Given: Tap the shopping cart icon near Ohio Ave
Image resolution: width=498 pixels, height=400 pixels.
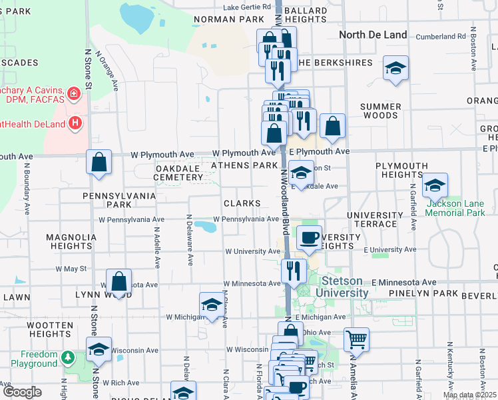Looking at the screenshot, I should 357,339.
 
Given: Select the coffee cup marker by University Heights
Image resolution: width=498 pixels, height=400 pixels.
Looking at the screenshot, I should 308,237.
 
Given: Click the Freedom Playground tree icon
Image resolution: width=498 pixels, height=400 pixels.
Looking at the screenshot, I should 67,359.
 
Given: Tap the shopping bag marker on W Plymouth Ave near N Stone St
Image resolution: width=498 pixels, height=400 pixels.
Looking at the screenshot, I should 99,162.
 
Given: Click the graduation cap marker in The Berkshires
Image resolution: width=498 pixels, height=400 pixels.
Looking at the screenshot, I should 395,68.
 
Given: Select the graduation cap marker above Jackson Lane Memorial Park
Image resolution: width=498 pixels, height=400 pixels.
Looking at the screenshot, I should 435,185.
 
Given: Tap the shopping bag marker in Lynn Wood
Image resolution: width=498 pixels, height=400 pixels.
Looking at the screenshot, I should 119,282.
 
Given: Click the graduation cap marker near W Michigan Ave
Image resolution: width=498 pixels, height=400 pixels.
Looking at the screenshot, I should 212,305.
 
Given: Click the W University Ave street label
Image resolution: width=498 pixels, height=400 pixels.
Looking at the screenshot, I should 253,251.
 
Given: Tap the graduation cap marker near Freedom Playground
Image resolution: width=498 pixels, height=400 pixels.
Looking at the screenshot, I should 99,350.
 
